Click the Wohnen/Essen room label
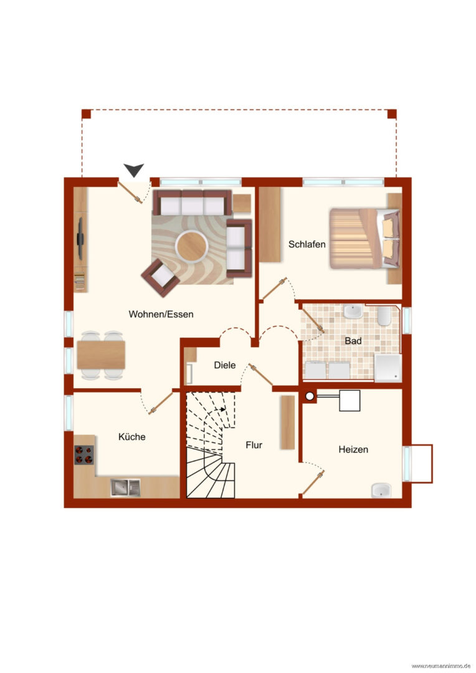(x=161, y=314)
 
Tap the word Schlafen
(x=307, y=244)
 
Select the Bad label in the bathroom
(x=353, y=341)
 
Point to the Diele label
(x=225, y=365)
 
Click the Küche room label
(x=131, y=436)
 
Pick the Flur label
(x=254, y=445)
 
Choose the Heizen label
(x=353, y=449)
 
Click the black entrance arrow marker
(x=134, y=170)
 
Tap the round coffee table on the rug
(x=191, y=246)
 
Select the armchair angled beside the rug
(x=161, y=277)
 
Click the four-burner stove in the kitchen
(x=84, y=455)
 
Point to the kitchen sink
(x=125, y=487)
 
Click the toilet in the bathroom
(x=384, y=315)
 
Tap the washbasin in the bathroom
(x=353, y=312)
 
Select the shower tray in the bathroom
(x=388, y=368)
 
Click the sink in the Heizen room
(x=381, y=490)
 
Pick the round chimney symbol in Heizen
(x=310, y=396)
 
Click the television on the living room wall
(x=80, y=239)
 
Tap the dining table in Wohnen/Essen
(x=102, y=355)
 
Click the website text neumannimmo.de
(x=441, y=666)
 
